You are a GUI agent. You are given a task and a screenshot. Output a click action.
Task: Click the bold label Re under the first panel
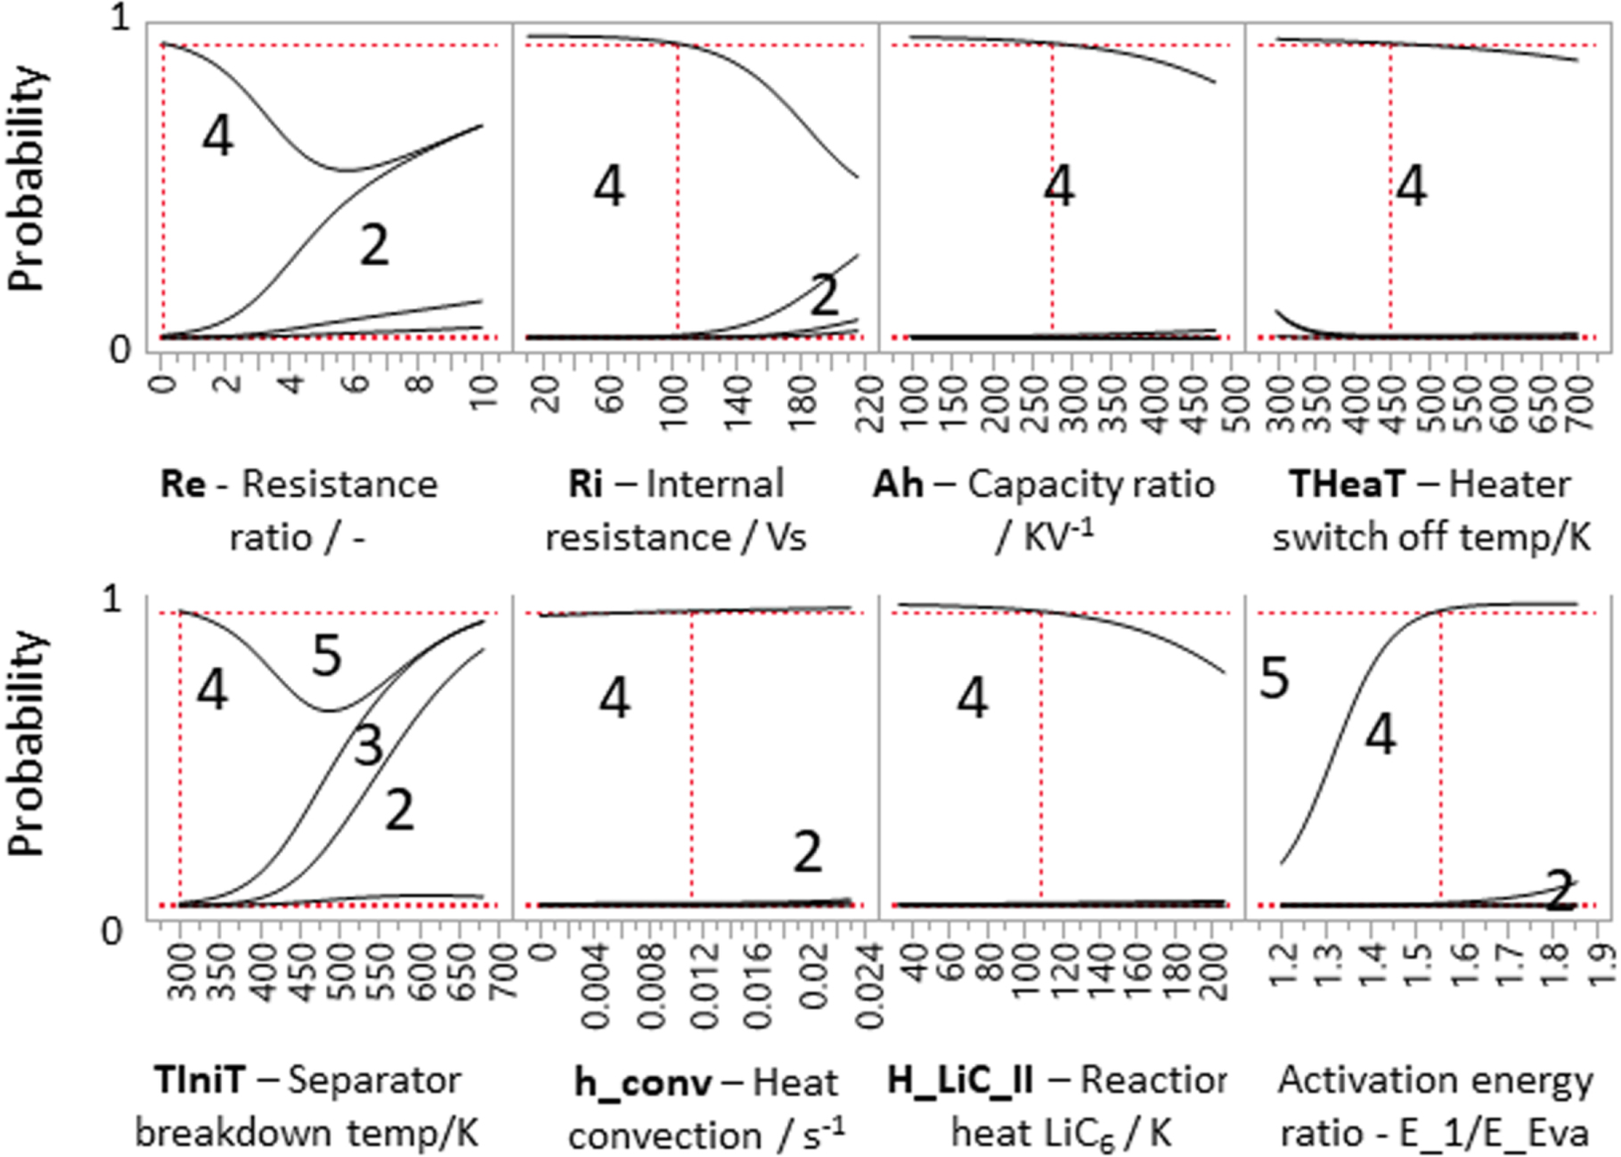point(183,485)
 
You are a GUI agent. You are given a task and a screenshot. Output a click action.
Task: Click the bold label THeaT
point(1345,485)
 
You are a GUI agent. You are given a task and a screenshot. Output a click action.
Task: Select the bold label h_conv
point(642,1083)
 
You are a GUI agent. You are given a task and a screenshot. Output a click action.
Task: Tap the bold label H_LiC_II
point(960,1080)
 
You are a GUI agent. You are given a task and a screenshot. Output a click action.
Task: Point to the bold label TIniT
point(199,1080)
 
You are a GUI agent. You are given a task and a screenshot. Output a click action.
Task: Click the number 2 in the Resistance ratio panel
point(374,245)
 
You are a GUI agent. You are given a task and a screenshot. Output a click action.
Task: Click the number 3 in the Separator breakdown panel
point(368,745)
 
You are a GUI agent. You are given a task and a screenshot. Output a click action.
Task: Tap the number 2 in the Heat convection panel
point(807,851)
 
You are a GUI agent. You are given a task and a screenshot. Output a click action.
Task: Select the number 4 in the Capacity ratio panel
point(1059,187)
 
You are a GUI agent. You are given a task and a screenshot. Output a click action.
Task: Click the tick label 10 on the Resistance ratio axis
point(485,393)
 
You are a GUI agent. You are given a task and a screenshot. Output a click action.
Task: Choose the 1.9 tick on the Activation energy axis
point(1601,966)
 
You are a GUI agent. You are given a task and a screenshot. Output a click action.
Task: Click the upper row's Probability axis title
point(27,178)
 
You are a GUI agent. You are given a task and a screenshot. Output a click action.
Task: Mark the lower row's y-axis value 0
point(111,932)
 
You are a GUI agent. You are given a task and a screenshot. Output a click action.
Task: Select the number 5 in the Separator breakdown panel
point(327,656)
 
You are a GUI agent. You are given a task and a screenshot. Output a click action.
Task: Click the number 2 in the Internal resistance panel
point(824,295)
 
